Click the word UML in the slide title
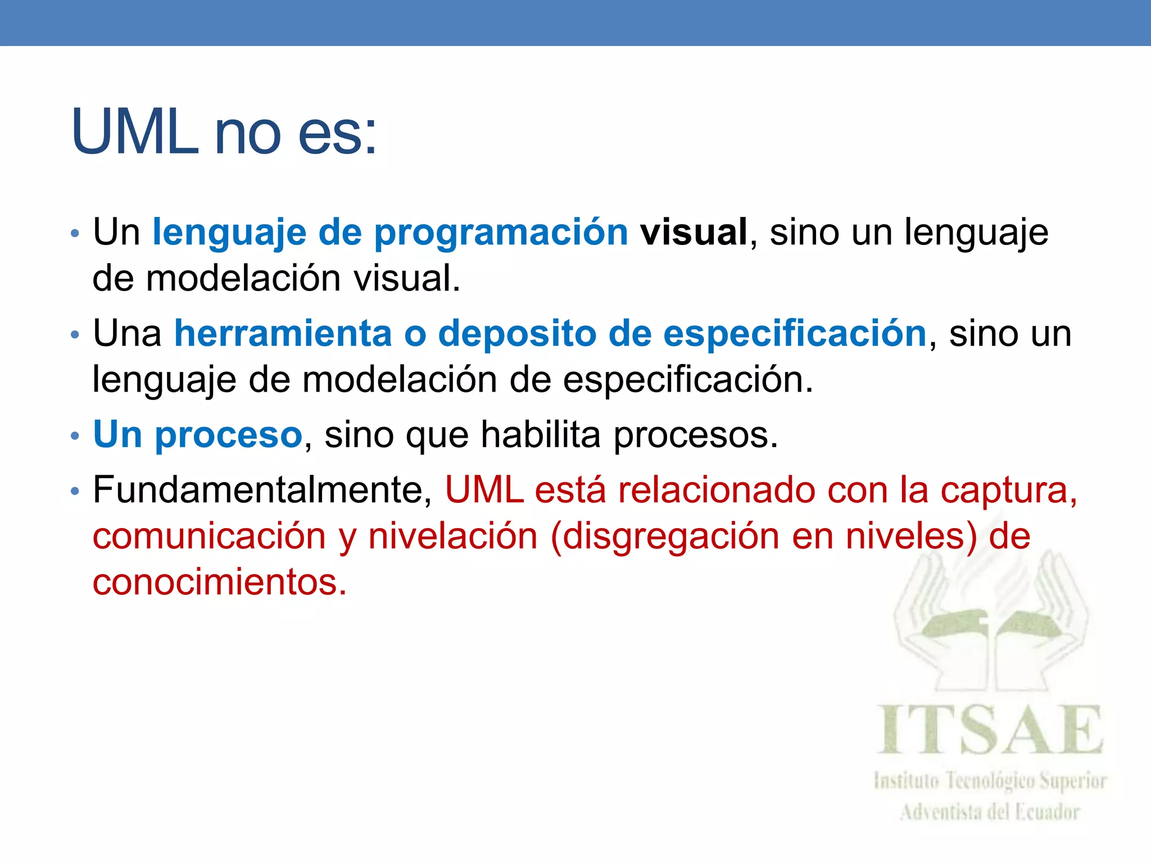point(135,132)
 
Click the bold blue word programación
point(501,232)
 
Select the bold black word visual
point(694,232)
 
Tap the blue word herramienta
point(283,333)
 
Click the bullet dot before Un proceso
point(75,436)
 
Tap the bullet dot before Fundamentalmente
point(75,492)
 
